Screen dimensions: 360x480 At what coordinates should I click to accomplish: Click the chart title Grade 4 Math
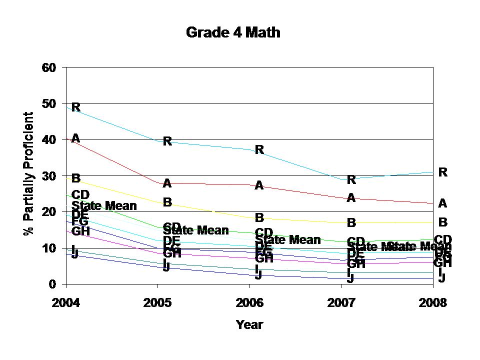233,33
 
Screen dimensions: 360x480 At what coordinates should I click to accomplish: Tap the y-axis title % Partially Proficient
29,173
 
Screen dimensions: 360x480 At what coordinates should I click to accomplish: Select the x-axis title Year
249,324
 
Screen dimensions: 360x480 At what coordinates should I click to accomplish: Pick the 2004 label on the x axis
66,303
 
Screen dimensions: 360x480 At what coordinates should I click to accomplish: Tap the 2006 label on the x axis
249,303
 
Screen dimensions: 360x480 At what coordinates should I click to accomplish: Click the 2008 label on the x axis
433,303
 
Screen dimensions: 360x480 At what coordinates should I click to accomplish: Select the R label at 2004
76,107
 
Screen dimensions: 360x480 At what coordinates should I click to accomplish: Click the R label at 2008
442,172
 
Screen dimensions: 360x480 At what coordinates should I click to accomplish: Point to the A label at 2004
76,138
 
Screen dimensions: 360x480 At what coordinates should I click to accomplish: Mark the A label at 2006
259,185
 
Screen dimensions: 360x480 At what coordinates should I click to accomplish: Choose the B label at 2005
167,202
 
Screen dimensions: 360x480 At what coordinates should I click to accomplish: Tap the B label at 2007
351,222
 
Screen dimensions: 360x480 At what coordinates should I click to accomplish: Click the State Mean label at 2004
104,205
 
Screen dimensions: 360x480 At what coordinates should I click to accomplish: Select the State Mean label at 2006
288,240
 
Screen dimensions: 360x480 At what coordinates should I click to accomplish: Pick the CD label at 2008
442,239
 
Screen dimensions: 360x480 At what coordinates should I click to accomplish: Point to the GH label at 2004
80,231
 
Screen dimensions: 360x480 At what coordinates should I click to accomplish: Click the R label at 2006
259,149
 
